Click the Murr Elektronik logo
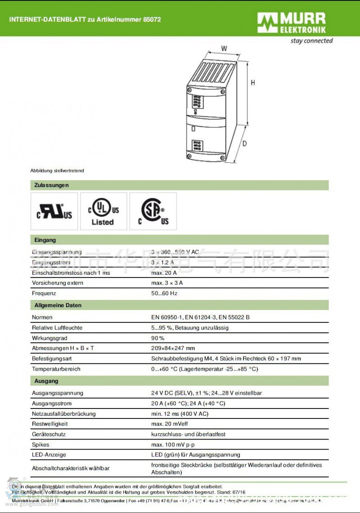(291, 23)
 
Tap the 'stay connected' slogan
(311, 41)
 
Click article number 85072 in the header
(152, 19)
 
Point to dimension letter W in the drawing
(224, 49)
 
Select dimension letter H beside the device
(253, 83)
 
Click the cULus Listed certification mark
(103, 211)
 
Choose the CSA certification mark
(153, 211)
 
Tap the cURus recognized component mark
(54, 211)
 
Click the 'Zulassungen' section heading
(51, 185)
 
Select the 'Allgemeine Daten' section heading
(58, 305)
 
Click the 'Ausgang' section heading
(46, 381)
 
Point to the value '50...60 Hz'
(164, 293)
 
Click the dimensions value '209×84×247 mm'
(173, 348)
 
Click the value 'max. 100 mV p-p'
(172, 445)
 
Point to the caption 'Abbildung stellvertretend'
(57, 171)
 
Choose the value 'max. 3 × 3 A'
(167, 283)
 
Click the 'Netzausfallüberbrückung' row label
(63, 413)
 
